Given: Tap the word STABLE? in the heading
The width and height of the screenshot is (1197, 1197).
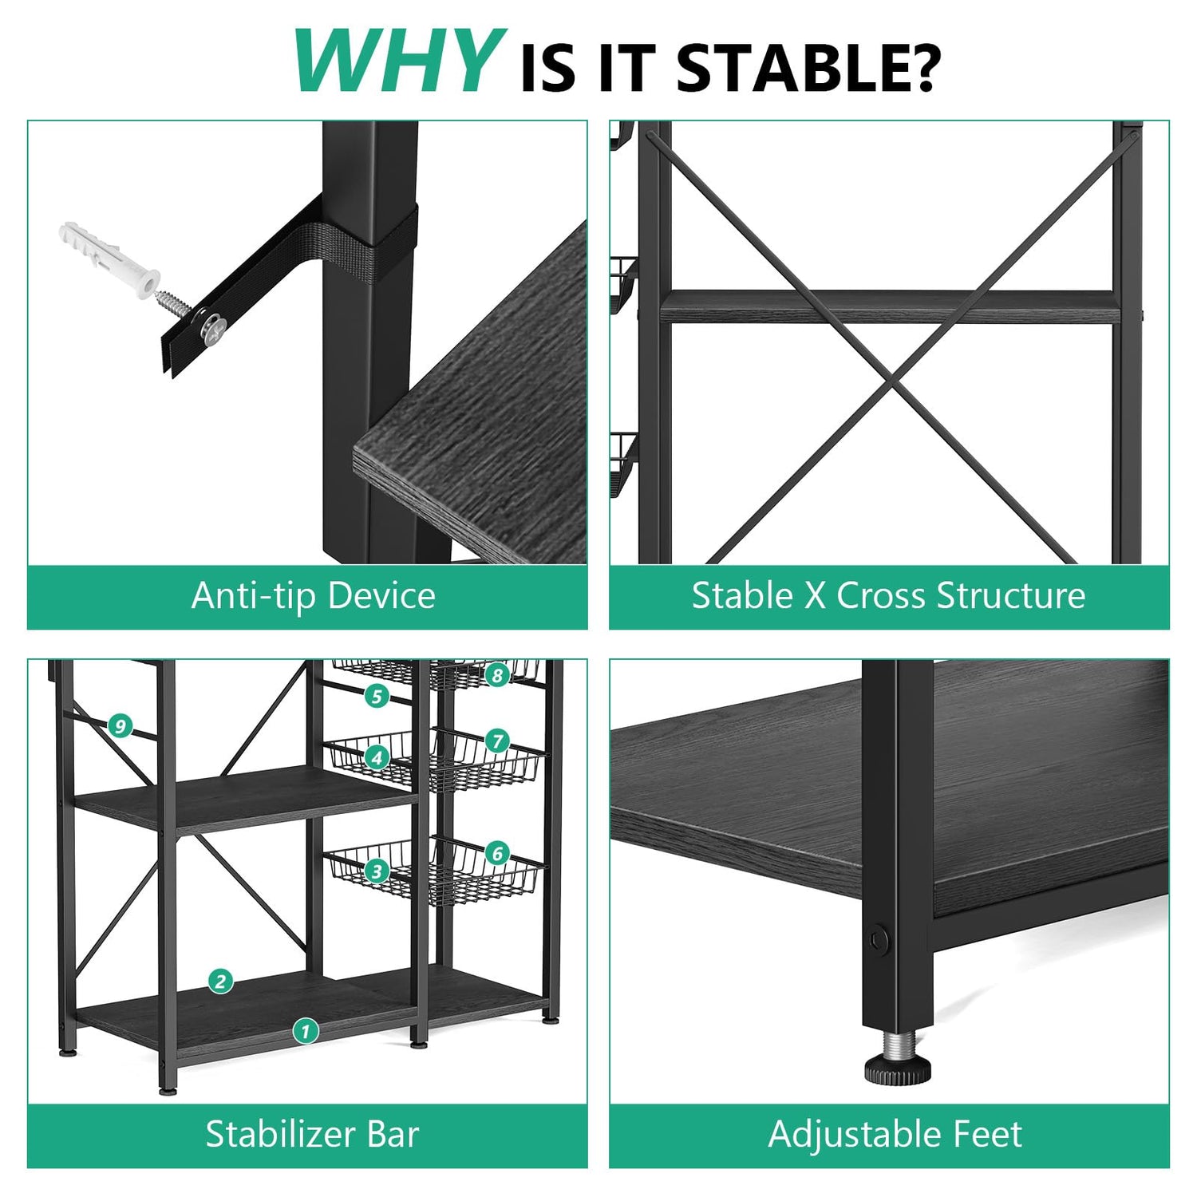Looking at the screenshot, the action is tap(808, 69).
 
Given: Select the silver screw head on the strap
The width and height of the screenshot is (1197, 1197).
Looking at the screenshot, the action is tap(214, 328).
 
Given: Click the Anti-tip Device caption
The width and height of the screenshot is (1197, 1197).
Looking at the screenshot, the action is tap(314, 596).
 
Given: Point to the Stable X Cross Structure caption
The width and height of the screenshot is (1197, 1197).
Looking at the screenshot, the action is tap(888, 596).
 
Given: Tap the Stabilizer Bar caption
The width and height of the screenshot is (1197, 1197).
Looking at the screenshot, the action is tap(312, 1134).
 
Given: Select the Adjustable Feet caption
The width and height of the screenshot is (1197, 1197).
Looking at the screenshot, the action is tap(895, 1134).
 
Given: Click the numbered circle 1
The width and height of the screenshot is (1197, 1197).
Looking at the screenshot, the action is tap(305, 1030).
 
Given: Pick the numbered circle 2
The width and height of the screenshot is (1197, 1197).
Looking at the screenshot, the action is tap(221, 981).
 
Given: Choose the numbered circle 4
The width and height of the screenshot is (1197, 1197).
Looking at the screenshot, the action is tap(377, 757).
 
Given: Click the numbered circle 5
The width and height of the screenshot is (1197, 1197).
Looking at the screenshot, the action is tap(377, 696).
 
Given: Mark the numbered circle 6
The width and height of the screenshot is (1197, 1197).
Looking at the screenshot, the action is tap(497, 853).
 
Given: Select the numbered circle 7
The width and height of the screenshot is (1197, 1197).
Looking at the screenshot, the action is tap(497, 741).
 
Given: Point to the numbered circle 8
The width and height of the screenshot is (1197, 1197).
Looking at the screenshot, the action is tap(497, 676).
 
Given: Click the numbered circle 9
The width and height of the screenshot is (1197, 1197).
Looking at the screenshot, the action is tap(120, 726).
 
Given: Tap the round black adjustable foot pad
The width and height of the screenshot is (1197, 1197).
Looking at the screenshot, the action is tap(897, 1069).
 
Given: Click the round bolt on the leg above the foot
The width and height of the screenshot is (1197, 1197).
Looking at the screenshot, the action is tap(879, 938).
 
